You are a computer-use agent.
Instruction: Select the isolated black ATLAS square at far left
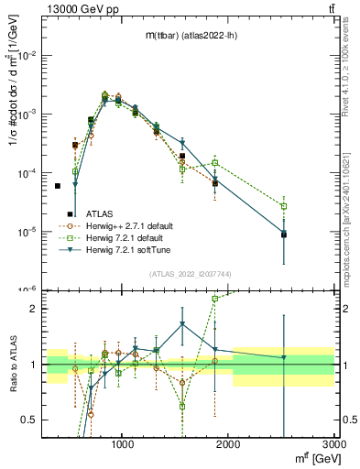pyautogui.click(x=57, y=186)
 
